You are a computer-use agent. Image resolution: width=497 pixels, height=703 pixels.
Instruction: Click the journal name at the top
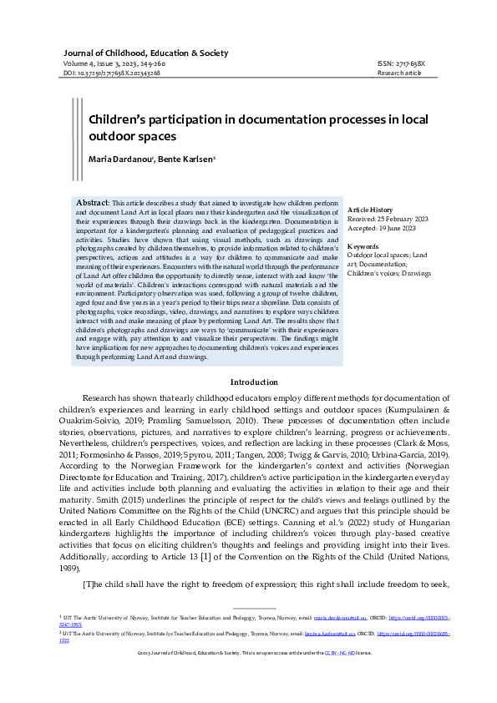(146, 53)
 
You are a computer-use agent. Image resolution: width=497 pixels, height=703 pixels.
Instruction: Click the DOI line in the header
(113, 73)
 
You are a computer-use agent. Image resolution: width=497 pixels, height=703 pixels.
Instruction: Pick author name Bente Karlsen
(190, 159)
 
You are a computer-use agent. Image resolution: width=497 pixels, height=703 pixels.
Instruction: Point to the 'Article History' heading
(369, 209)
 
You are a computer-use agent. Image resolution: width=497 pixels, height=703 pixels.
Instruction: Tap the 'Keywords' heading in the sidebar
(363, 247)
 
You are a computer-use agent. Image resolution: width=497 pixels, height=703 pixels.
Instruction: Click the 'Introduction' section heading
(247, 382)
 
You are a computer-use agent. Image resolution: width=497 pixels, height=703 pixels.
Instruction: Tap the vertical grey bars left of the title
(76, 125)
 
